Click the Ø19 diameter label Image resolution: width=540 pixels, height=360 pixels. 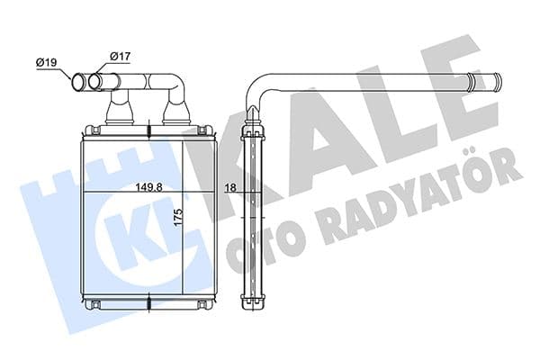47,61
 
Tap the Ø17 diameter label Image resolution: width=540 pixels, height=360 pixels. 119,57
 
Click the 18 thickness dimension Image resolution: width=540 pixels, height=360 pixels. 230,186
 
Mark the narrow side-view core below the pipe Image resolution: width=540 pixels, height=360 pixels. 254,216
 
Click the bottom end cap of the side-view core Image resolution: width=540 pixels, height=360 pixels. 254,303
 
